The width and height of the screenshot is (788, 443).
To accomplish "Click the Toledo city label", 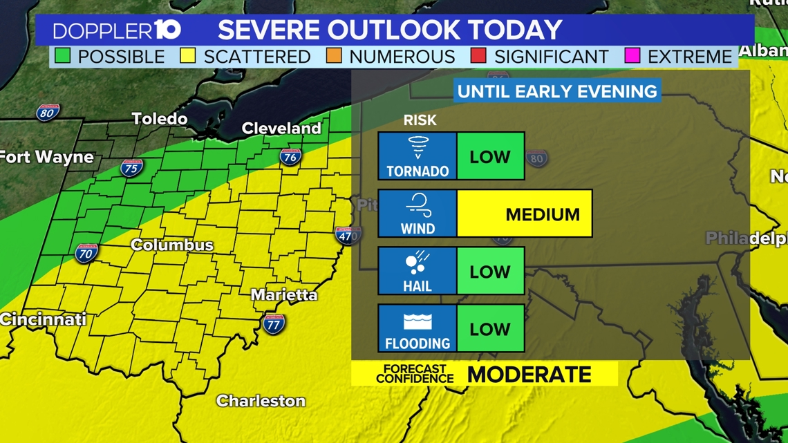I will pos(160,119).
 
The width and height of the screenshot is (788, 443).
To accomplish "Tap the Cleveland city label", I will pos(281,129).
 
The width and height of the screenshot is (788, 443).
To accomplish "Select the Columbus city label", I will pos(172,245).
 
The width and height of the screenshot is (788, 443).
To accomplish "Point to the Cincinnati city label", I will pos(43,319).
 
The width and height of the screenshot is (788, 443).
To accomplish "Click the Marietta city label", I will pos(284,295).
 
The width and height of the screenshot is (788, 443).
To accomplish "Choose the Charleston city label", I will pos(261,401).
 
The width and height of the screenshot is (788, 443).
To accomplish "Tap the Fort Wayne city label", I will pos(46,157).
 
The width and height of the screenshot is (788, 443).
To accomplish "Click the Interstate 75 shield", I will pos(131,167).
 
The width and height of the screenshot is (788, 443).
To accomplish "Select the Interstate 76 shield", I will pos(290,157).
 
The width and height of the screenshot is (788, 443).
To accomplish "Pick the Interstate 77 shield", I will pos(274,323).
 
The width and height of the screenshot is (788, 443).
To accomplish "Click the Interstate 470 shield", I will pos(347,235).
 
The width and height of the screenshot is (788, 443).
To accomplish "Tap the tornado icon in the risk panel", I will pos(418,148).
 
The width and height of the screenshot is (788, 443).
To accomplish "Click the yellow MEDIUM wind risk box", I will pos(525,214).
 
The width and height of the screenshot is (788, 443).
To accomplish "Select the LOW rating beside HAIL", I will pos(490,272).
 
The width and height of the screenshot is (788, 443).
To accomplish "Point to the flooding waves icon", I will pos(418,321).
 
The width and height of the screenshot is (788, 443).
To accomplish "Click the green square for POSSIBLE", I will pos(63,56).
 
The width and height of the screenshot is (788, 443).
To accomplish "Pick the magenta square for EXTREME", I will pos(632,56).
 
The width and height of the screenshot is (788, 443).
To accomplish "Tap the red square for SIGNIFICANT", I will pos(478,56).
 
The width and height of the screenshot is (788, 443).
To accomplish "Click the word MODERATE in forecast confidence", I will pos(529,375).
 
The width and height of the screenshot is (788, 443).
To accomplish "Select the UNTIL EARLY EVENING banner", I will pos(557,91).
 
